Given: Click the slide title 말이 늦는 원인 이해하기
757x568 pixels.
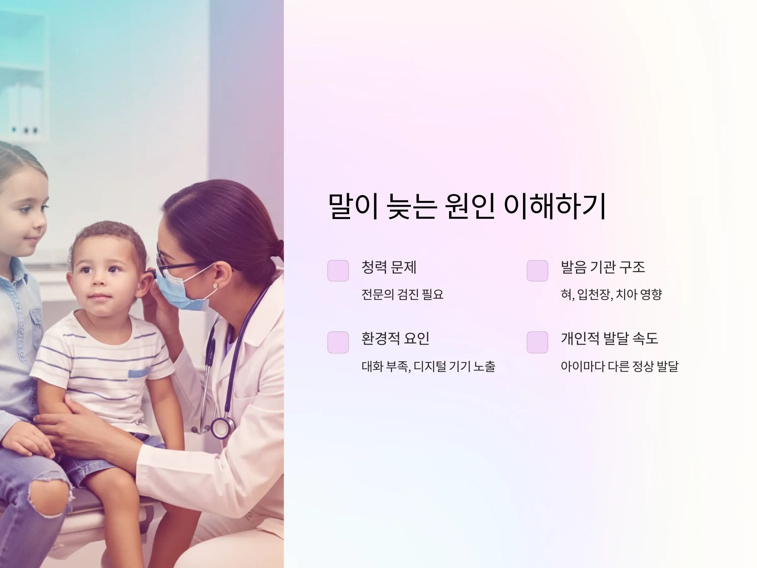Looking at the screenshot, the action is [467, 206].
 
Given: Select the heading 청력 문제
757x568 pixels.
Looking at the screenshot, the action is [389, 267].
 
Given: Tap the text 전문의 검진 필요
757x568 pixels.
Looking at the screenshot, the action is [402, 294].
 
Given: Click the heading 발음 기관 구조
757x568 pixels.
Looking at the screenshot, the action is [603, 267].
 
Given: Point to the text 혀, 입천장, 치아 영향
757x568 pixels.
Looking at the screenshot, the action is [611, 294].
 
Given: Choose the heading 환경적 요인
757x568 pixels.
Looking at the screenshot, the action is [395, 339].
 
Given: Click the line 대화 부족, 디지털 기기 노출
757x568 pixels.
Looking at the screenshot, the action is [428, 366].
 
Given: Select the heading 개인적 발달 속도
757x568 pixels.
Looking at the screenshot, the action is [609, 339].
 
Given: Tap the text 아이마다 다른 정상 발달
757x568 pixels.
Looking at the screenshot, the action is [619, 366].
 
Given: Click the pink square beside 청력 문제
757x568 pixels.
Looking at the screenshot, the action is [338, 270].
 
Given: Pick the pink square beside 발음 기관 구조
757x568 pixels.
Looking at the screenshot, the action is [537, 270].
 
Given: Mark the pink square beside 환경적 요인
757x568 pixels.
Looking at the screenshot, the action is [338, 342].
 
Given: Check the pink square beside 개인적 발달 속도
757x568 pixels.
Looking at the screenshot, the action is [537, 342].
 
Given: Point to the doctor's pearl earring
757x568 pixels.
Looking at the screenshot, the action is [215, 286].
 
